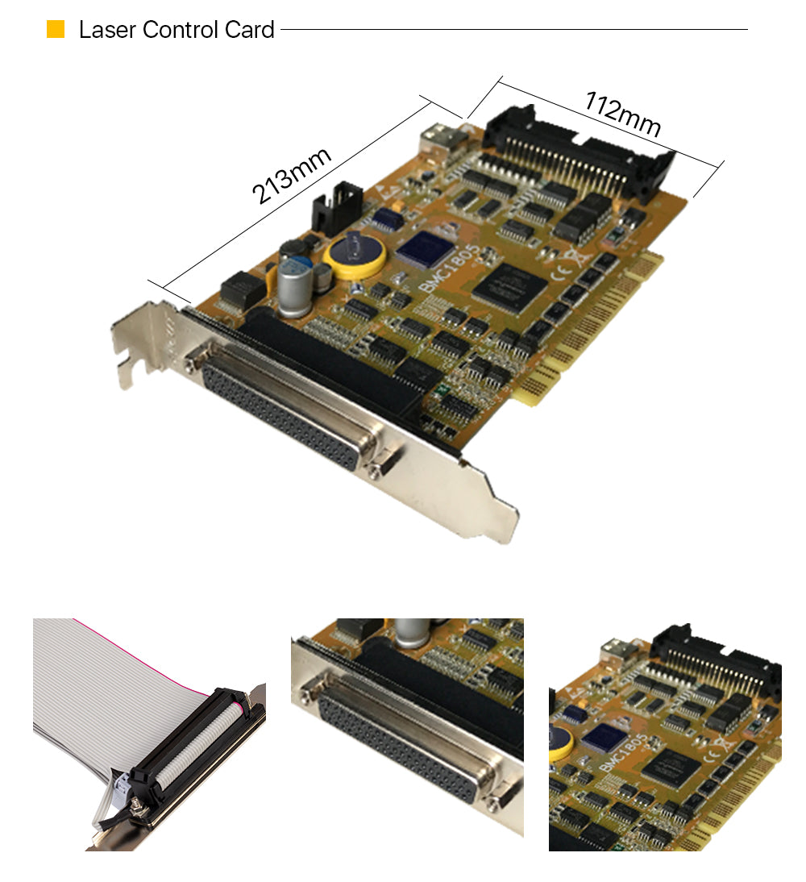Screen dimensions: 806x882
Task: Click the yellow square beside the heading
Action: pos(55,29)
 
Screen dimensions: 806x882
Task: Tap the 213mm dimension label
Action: pos(291,175)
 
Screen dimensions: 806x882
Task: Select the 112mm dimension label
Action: pos(623,114)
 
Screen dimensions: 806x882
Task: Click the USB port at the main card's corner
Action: pos(443,140)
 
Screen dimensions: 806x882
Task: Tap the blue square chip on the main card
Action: pos(426,248)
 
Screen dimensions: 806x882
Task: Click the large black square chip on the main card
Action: pos(509,286)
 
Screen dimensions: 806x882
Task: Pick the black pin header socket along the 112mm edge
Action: pos(580,152)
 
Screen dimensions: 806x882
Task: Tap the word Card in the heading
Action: pos(249,30)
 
